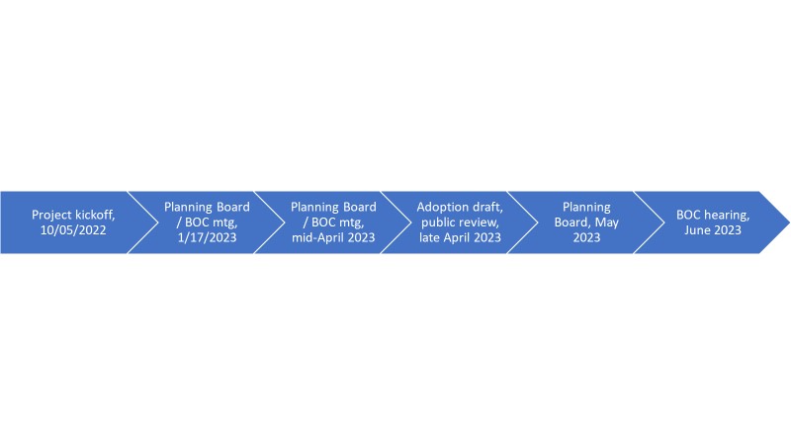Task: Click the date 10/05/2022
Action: tap(73, 230)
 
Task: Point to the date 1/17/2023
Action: tap(207, 237)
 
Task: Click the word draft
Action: tap(487, 207)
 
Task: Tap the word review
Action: tap(479, 222)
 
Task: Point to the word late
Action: tap(429, 237)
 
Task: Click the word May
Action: tap(607, 223)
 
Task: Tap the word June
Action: tap(698, 230)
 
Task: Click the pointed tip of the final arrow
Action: tap(789, 222)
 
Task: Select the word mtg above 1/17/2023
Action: tap(223, 223)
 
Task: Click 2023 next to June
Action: tap(728, 230)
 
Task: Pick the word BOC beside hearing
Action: tap(688, 215)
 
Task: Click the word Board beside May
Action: tap(572, 222)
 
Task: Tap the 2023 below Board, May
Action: tap(586, 237)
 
